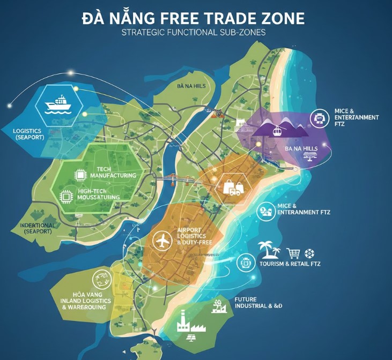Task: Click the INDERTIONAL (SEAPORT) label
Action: [x=37, y=228]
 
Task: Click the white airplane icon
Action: [x=161, y=241]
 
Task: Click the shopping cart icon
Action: [x=293, y=253]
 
